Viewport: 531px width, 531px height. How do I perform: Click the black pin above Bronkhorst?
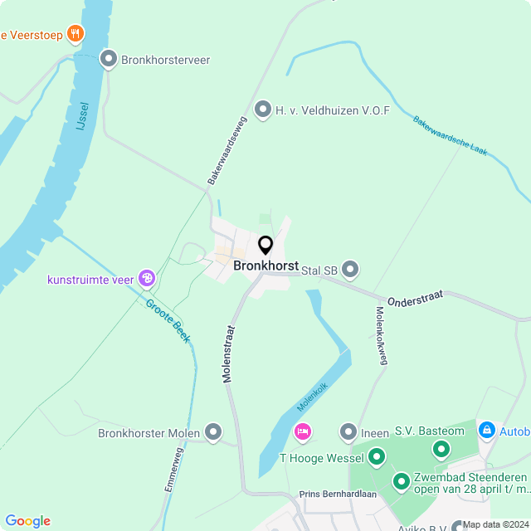tap(265, 246)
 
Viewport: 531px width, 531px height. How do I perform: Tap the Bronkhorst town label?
tap(265, 266)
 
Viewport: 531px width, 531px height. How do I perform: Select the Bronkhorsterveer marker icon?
tap(108, 59)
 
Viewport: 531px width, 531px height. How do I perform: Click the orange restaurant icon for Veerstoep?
tap(76, 34)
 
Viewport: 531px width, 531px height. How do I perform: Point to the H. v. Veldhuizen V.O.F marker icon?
tap(263, 110)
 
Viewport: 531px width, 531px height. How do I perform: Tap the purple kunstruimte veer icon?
tap(147, 279)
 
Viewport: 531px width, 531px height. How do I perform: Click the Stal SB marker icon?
tap(350, 270)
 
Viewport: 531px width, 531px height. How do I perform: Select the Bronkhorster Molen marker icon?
tap(214, 432)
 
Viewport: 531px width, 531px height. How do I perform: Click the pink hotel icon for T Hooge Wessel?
tap(303, 432)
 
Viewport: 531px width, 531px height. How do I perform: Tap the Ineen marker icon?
tap(348, 432)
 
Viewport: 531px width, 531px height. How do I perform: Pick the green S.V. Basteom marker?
tap(441, 449)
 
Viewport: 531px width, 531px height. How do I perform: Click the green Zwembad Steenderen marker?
tap(402, 480)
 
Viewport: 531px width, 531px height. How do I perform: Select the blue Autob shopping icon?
tap(486, 431)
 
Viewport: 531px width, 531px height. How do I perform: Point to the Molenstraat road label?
tap(228, 353)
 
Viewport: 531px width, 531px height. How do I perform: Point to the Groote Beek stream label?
tap(168, 320)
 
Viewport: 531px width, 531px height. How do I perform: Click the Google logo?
tap(27, 520)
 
